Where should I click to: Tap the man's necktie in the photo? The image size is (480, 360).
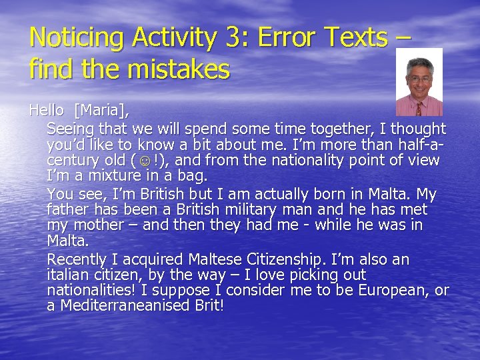pos(419,107)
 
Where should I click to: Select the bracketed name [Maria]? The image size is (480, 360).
pos(103,111)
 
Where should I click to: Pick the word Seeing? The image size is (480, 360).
pos(71,129)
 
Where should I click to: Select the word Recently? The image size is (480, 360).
pos(77,259)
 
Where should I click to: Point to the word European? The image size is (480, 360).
pos(397,291)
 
